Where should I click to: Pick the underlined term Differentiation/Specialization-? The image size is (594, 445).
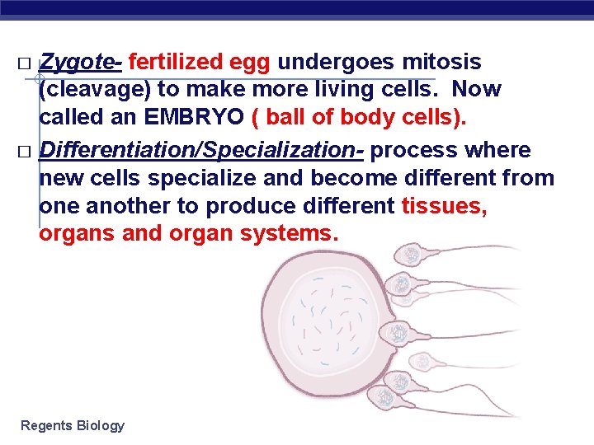click(202, 151)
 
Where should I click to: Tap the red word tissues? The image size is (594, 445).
click(444, 206)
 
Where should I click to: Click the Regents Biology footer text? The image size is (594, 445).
click(73, 425)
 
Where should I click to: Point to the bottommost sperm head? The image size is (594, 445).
click(385, 399)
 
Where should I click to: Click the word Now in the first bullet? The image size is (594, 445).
click(476, 89)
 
